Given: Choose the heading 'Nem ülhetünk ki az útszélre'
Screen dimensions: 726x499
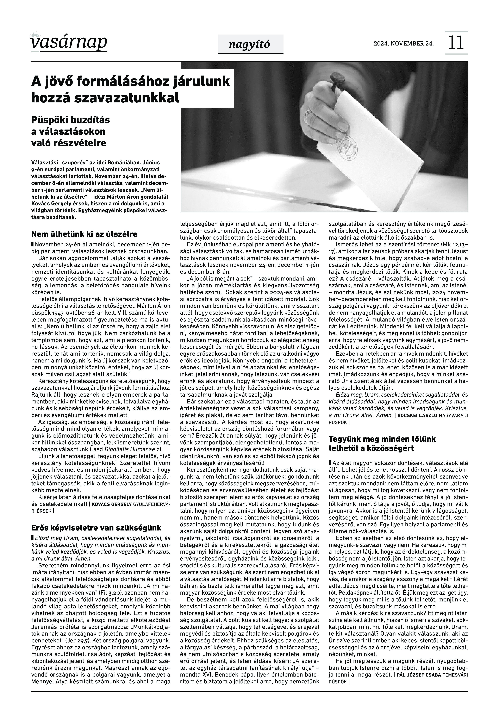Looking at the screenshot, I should point(84,234).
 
